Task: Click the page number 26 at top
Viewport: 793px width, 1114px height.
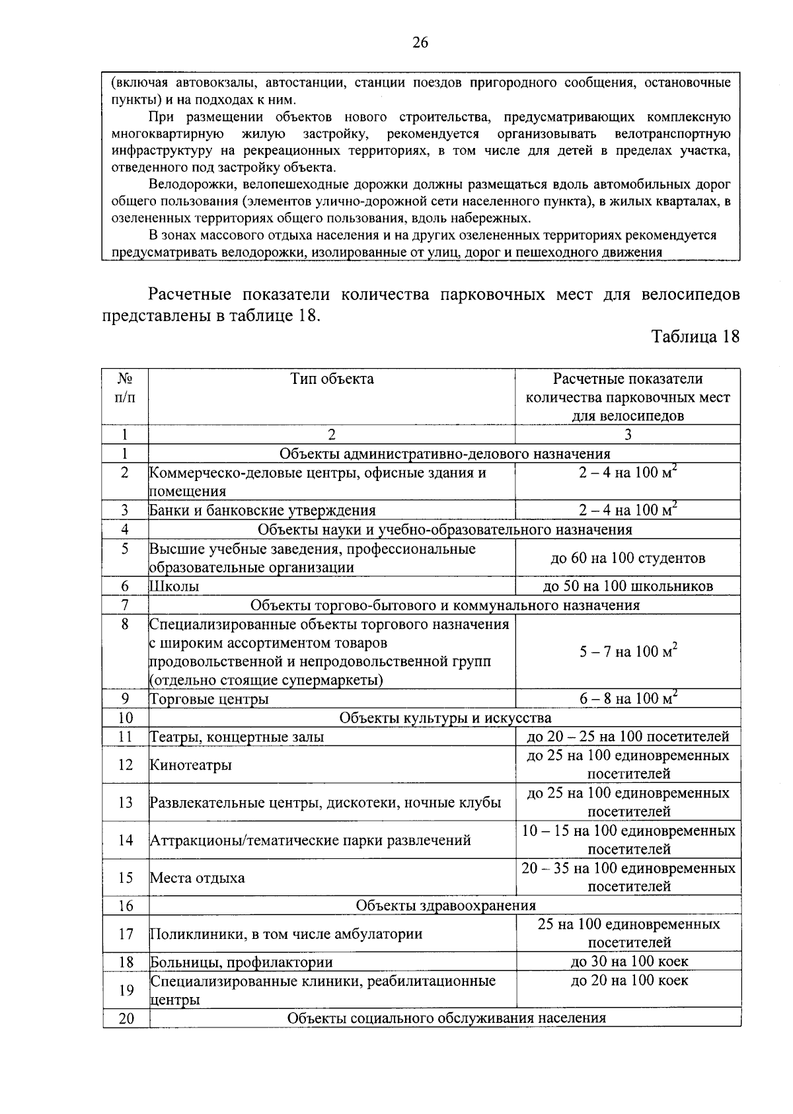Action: (420, 43)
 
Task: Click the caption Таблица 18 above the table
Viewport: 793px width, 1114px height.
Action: (695, 336)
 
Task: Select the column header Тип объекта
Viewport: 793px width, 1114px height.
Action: (332, 379)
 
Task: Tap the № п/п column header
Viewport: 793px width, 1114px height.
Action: (125, 388)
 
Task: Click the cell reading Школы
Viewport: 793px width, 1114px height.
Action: (175, 587)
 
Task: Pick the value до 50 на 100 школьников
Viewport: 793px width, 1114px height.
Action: (628, 586)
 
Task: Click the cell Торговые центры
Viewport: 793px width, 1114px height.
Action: (209, 699)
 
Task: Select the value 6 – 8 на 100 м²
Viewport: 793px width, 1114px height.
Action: (628, 698)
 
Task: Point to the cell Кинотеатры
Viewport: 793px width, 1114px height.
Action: (192, 765)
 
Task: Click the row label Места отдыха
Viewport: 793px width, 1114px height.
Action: (198, 878)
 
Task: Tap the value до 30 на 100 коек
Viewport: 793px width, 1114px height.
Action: (629, 961)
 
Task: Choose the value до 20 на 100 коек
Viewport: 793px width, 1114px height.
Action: (629, 981)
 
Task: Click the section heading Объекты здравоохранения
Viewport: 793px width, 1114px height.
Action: (445, 905)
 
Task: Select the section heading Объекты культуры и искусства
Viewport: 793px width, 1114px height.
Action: (445, 718)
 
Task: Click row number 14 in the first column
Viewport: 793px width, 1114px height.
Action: (126, 840)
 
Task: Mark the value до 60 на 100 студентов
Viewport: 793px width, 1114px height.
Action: (628, 558)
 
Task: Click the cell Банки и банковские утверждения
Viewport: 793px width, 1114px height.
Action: (263, 511)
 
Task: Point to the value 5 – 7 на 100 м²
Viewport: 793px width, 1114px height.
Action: (628, 652)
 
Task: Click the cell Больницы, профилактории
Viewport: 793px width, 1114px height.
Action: (242, 962)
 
